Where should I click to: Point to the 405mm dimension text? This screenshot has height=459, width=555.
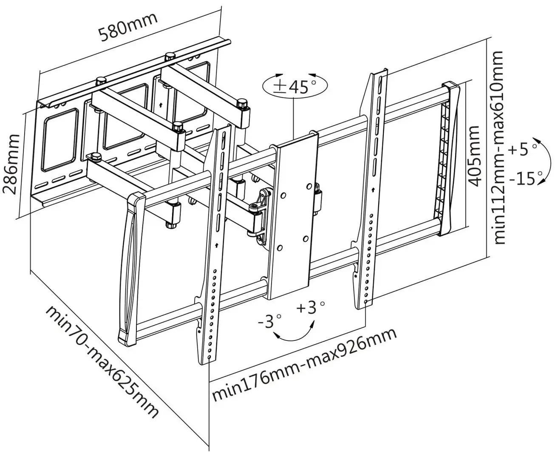[474, 155]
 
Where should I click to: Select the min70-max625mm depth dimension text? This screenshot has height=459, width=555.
[102, 362]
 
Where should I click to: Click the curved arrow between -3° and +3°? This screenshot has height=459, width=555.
[294, 334]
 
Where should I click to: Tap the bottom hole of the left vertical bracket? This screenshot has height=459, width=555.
[210, 358]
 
